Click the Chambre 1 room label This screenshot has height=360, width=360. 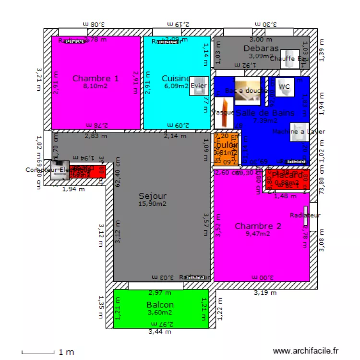coord(96,78)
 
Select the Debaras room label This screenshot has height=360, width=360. coord(261,48)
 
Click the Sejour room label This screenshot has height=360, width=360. coord(153,196)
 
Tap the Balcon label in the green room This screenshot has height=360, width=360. coord(160,304)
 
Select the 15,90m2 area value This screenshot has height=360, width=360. coord(153,204)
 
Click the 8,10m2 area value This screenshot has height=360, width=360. coord(96,86)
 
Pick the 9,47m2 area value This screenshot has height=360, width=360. coord(258,234)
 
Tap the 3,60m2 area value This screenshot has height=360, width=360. coord(160,312)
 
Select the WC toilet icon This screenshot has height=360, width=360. coord(285,87)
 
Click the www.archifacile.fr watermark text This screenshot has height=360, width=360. coord(306,351)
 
